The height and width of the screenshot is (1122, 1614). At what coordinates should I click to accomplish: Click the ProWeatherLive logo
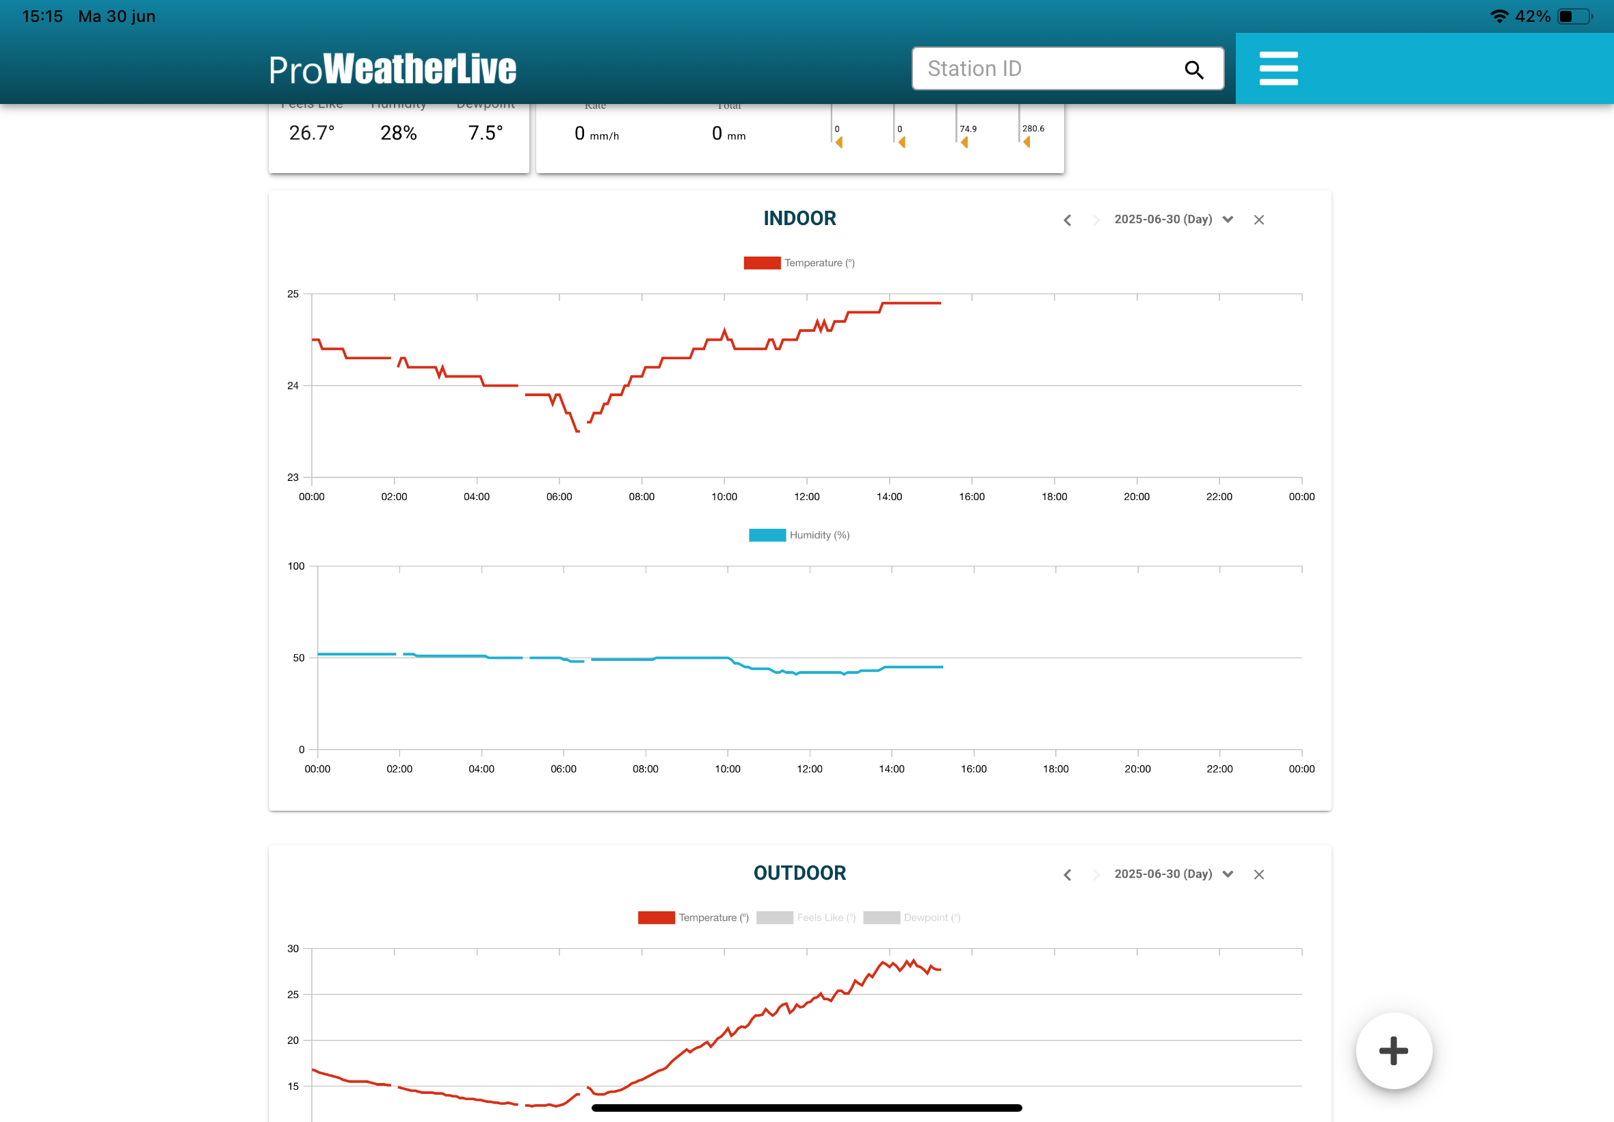[392, 69]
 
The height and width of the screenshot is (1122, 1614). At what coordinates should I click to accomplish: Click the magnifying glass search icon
[1194, 70]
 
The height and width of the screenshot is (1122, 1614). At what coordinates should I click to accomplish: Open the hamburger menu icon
[1278, 68]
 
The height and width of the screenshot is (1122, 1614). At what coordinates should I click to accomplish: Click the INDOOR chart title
[799, 219]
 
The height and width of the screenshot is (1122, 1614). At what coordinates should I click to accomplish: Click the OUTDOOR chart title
[799, 873]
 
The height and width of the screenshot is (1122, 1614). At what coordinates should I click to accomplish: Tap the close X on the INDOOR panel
[1258, 220]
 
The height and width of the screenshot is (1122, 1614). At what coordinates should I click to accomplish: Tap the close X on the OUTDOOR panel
[1258, 874]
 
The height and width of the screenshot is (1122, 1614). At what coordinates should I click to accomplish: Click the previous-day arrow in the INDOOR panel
[1068, 220]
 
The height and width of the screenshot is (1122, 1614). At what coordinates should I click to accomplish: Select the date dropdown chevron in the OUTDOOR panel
[1228, 874]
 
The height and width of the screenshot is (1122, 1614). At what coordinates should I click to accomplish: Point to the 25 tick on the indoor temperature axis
[293, 294]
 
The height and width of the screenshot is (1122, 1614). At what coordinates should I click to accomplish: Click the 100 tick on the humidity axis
[296, 566]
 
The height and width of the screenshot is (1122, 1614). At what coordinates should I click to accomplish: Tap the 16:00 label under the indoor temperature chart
[972, 496]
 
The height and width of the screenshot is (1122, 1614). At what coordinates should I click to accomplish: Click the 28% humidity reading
[399, 133]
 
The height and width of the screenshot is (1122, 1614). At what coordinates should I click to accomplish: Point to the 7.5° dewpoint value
[486, 133]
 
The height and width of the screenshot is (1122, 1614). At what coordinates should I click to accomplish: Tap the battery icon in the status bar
[1574, 16]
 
